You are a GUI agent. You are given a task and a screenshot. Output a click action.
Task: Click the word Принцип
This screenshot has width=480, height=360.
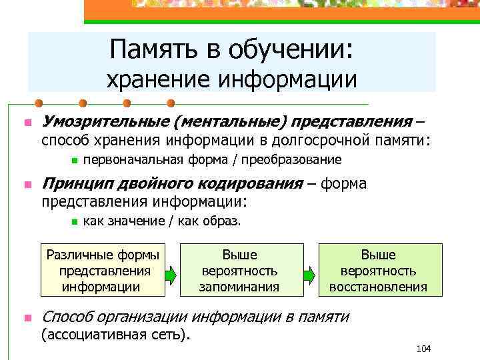pyautogui.click(x=71, y=184)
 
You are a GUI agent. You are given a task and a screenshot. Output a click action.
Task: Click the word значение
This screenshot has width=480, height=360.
pyautogui.click(x=139, y=221)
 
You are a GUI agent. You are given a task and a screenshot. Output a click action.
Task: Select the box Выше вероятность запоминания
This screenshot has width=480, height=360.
pyautogui.click(x=239, y=270)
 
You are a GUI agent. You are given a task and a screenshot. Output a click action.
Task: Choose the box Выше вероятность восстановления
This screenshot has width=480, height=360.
pyautogui.click(x=378, y=270)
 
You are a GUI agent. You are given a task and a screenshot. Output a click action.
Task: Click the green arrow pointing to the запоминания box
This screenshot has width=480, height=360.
pyautogui.click(x=170, y=273)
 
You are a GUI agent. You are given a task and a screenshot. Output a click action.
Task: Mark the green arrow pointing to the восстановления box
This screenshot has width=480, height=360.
pyautogui.click(x=310, y=273)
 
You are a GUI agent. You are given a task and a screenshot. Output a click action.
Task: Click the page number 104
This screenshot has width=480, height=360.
pyautogui.click(x=423, y=349)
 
